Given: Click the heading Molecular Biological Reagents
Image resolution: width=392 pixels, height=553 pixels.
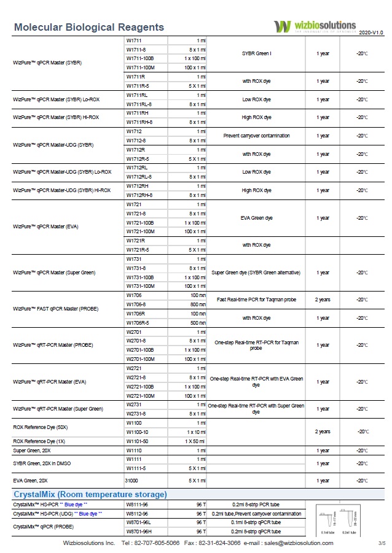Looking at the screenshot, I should tap(88, 27).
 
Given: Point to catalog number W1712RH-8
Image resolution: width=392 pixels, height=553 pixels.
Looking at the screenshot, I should tap(139, 195).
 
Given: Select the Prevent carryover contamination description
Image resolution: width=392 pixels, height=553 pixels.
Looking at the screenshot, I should tap(256, 136).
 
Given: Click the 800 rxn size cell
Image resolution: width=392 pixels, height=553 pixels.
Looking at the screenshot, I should tap(197, 304).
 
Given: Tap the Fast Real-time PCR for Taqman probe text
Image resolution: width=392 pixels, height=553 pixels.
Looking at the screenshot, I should tap(256, 300).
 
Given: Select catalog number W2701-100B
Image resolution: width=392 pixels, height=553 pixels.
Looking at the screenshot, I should tap(140, 349).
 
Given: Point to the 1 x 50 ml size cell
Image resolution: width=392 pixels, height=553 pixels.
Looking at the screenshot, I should tap(196, 441).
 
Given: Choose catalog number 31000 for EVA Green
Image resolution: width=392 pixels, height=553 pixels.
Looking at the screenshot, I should tap(131, 481).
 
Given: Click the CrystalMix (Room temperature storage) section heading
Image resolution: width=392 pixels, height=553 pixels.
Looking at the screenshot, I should tap(90, 494).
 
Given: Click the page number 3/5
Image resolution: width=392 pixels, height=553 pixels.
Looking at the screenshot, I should tap(382, 543).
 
